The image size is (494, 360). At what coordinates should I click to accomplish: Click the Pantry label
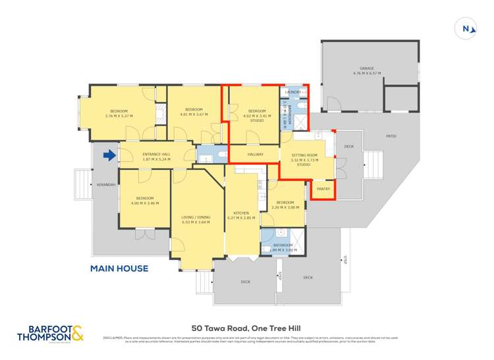(x=322, y=189)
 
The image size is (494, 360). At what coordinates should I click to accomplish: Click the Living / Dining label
(x=196, y=219)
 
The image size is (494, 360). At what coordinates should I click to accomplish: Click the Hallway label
(x=256, y=155)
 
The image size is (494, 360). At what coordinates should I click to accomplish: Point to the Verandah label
(x=106, y=185)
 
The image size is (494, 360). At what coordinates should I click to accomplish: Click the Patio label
(x=390, y=136)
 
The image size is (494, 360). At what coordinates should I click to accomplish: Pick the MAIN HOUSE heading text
(x=119, y=268)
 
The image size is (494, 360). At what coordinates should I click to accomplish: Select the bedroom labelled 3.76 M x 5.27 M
(x=119, y=113)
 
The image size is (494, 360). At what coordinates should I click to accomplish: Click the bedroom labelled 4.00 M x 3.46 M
(x=145, y=201)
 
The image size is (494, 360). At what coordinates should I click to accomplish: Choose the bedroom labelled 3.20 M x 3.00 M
(x=285, y=205)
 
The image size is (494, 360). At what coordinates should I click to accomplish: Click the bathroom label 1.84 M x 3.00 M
(x=285, y=248)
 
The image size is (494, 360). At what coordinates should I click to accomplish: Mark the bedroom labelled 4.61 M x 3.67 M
(x=193, y=112)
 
